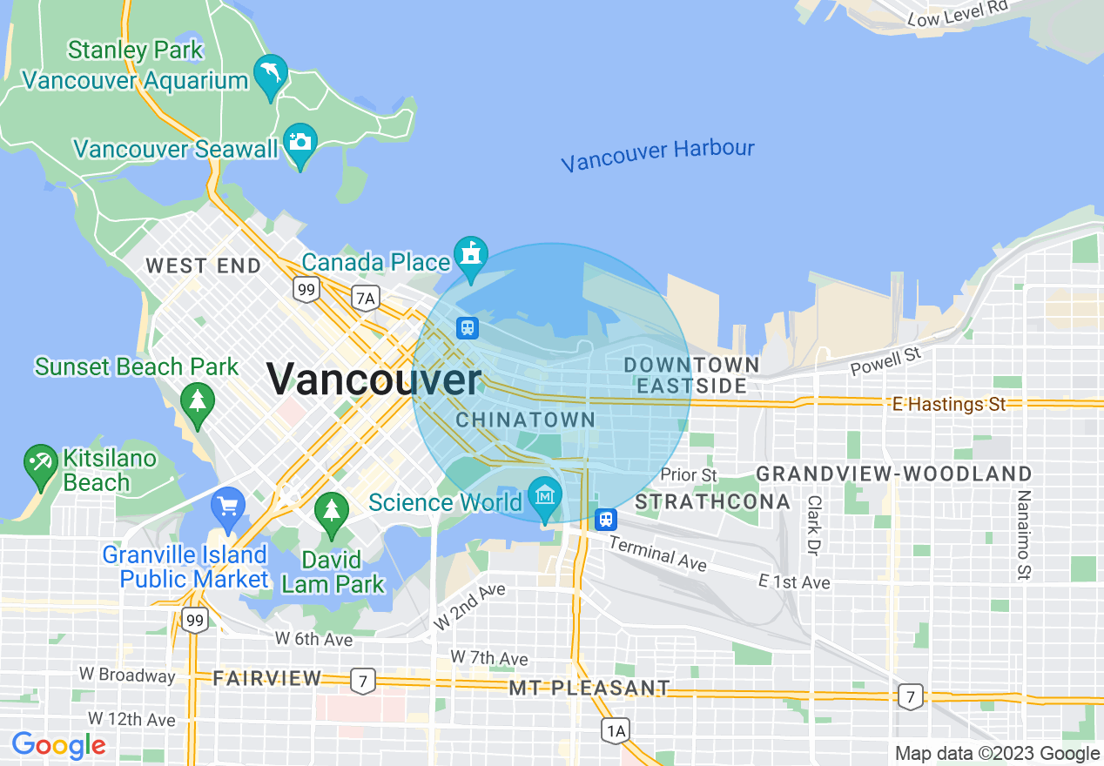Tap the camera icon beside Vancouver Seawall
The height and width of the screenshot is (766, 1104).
tap(300, 143)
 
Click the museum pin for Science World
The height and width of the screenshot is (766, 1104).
tap(545, 496)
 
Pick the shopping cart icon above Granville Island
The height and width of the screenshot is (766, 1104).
tap(228, 506)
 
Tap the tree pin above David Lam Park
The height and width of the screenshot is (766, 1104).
tap(331, 510)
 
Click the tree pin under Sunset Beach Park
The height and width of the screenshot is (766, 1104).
tap(198, 402)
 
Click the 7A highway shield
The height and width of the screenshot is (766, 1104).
tap(366, 299)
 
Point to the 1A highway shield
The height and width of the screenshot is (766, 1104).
tap(615, 730)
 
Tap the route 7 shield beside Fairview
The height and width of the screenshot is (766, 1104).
tap(362, 680)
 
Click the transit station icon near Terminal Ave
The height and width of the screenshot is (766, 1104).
tap(605, 520)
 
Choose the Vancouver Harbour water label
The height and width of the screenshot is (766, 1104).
tap(657, 154)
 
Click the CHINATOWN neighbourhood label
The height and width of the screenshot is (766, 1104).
tap(526, 420)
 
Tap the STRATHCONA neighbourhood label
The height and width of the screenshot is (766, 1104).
tap(712, 502)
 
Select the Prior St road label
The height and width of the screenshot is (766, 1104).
tap(689, 475)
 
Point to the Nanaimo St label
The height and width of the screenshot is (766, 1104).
tap(1024, 534)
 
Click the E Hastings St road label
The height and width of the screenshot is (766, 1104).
tap(949, 404)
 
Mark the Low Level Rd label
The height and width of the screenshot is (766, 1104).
tap(957, 12)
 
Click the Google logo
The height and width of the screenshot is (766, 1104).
tap(59, 746)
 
